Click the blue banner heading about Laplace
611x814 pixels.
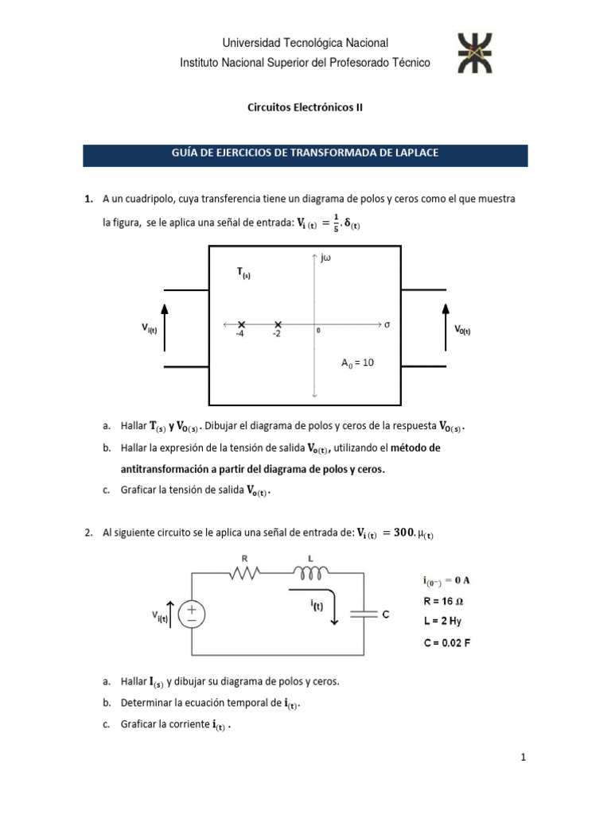click(305, 155)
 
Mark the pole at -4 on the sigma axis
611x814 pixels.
click(241, 324)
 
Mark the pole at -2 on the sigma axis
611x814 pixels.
click(277, 324)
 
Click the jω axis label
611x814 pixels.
click(327, 258)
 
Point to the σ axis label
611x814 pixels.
click(387, 324)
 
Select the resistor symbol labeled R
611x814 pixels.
click(246, 572)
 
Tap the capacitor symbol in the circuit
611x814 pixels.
click(364, 614)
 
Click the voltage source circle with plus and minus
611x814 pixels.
click(192, 614)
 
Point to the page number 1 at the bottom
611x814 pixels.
click(523, 758)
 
